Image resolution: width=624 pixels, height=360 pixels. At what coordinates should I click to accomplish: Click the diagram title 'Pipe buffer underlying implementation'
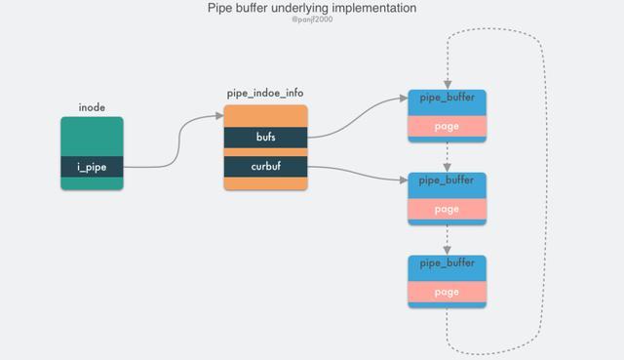tap(312, 9)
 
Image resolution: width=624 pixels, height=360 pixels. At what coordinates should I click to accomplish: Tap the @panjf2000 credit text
tap(312, 20)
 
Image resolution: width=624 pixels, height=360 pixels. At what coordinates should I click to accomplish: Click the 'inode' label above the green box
tap(92, 105)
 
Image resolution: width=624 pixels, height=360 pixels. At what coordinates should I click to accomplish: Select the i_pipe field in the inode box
tap(92, 167)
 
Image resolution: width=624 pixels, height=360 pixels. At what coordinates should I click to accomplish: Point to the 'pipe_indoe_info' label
tap(265, 93)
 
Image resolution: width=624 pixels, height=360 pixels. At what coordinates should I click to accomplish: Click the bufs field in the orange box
tap(265, 137)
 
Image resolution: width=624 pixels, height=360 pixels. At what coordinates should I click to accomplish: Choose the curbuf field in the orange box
tap(265, 168)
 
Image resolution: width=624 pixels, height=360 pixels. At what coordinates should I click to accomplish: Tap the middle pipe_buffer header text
tap(446, 181)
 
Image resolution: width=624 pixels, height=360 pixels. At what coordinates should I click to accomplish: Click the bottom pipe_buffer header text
tap(446, 264)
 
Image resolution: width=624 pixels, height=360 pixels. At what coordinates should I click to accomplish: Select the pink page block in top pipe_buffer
tap(446, 127)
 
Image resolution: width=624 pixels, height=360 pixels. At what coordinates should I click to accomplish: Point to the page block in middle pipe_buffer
tap(446, 209)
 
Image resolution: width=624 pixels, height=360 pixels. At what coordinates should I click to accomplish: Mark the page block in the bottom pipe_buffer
tap(446, 292)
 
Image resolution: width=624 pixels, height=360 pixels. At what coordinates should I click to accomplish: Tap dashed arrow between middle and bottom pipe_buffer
tap(446, 239)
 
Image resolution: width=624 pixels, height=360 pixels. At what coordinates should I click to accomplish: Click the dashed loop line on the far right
tap(541, 195)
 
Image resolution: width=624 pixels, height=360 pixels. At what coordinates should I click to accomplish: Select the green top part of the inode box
tap(92, 137)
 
